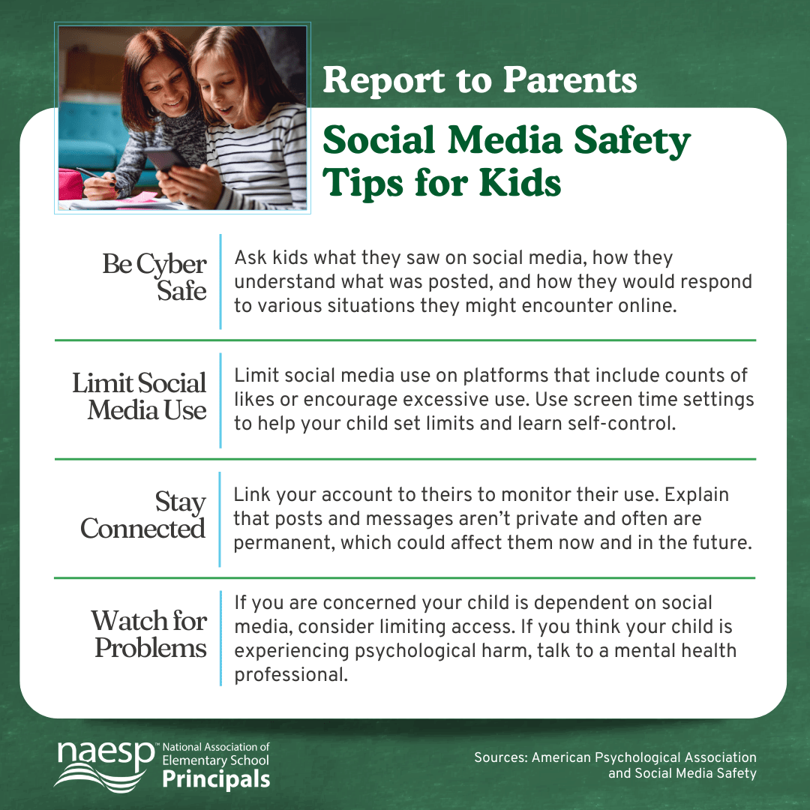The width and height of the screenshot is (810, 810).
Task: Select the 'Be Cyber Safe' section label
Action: (x=154, y=277)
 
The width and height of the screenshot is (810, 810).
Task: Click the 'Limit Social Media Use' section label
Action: (x=139, y=397)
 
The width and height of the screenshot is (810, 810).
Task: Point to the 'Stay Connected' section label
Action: (x=143, y=514)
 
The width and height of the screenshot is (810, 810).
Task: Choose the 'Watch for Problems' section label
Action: (x=149, y=634)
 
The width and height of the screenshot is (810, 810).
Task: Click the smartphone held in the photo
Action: (x=166, y=160)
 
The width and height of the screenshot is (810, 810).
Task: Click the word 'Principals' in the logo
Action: (x=216, y=780)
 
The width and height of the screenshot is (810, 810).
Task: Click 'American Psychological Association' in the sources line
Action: (x=644, y=757)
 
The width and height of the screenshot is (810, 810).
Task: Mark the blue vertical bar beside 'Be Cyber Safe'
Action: (x=220, y=281)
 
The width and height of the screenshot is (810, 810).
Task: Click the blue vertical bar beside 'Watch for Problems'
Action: (x=220, y=638)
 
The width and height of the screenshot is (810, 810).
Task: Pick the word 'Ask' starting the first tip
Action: (x=247, y=258)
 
